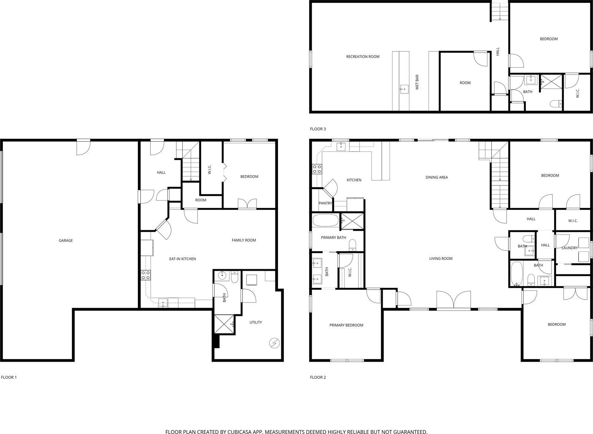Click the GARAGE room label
66,241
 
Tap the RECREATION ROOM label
362,57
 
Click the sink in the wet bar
404,89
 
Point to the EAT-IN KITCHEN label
182,259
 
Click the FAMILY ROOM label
244,240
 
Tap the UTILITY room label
255,323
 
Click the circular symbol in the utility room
274,343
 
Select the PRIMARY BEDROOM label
346,325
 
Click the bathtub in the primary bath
325,221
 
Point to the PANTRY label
325,203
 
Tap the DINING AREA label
437,177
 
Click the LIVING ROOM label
441,259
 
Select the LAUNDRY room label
570,248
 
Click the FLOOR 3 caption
318,129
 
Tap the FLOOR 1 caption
9,378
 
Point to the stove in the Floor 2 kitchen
317,169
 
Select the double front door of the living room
454,300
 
